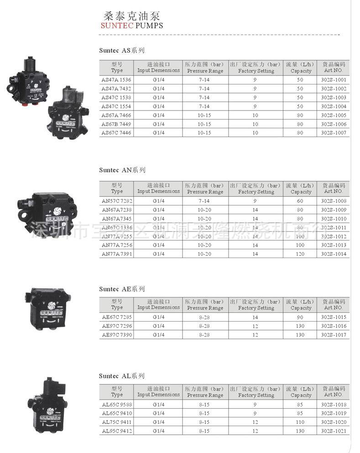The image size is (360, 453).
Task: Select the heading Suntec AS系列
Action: coord(122,50)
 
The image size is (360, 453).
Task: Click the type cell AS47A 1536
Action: coord(116,80)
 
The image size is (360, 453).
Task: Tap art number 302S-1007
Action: coord(334,133)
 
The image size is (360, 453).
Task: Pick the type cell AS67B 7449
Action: coord(116,124)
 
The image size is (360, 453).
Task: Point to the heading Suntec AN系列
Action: coord(122,170)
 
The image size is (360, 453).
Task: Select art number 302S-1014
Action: coord(334,254)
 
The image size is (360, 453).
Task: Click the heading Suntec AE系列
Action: coord(122,289)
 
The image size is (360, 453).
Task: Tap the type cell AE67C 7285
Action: coord(117,317)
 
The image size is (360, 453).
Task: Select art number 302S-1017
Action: coord(334,335)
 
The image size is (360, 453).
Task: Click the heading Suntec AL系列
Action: coord(122,376)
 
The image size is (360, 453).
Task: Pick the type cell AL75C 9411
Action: coord(117,422)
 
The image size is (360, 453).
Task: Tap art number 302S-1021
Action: coord(334,431)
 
